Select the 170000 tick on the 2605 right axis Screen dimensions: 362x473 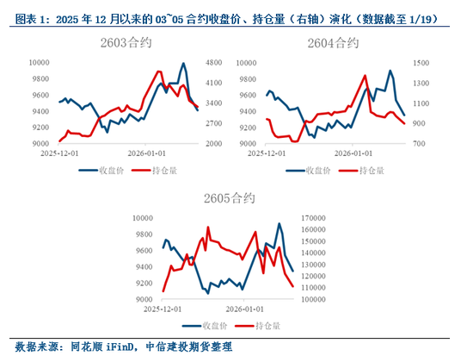[x=318, y=217]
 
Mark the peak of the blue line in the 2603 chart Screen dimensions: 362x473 [x=183, y=63]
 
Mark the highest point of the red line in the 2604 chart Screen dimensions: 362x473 [x=365, y=75]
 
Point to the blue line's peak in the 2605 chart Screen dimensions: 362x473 [x=279, y=223]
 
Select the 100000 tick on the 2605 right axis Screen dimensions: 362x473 [x=318, y=299]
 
